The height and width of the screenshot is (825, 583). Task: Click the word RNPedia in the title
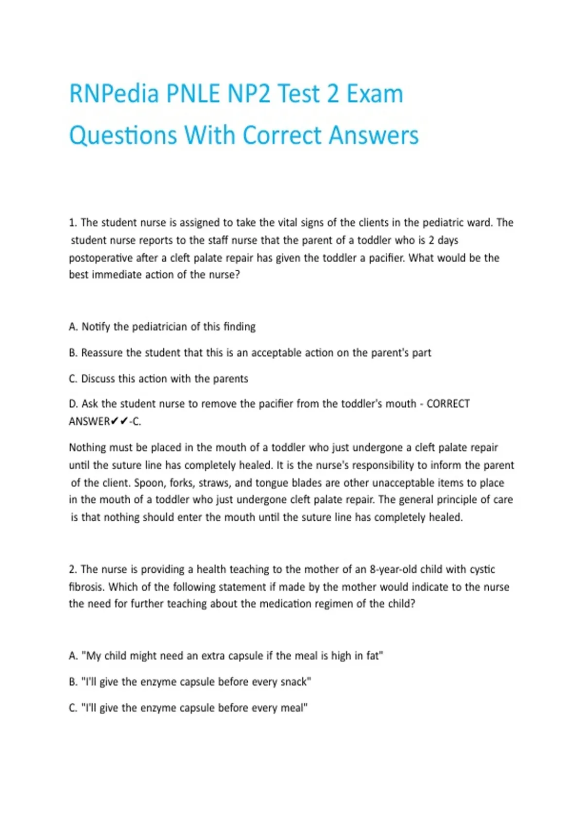pyautogui.click(x=114, y=94)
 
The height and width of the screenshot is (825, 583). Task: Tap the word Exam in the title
pyautogui.click(x=375, y=94)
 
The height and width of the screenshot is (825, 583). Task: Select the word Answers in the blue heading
pyautogui.click(x=374, y=135)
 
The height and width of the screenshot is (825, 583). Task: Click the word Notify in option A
pyautogui.click(x=96, y=327)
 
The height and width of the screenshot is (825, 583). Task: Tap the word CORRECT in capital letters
pyautogui.click(x=448, y=404)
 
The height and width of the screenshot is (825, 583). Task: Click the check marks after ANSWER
pyautogui.click(x=120, y=421)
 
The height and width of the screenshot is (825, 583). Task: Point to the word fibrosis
pyautogui.click(x=86, y=587)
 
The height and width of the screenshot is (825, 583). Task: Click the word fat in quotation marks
pyautogui.click(x=374, y=656)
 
